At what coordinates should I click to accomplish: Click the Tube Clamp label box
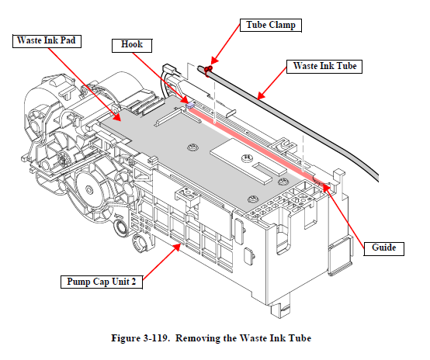271,26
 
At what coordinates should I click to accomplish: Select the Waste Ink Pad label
47,41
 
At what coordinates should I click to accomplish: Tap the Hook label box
132,45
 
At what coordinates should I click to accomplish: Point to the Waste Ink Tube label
324,67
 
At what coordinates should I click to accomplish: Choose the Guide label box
383,248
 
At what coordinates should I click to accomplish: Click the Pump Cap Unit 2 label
102,282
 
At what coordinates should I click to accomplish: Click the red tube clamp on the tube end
208,70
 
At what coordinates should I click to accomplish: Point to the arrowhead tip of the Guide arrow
322,184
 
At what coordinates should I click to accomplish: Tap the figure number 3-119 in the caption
155,338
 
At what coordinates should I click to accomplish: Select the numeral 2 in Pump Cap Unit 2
134,282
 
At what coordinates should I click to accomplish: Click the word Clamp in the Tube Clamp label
283,26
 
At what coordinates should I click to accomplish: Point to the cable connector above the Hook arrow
169,68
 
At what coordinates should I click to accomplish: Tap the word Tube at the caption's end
300,338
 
